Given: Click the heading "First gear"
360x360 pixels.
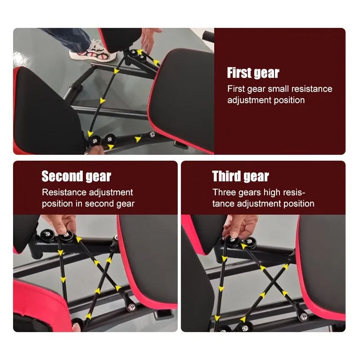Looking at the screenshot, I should (253, 73).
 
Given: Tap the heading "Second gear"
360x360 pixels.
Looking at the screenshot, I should (76, 176).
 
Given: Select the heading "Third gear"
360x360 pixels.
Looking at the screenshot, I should (240, 176).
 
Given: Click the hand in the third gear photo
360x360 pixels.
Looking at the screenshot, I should (239, 223).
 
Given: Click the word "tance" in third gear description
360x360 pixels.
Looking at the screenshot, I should (224, 204).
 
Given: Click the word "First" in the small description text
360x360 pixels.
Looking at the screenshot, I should (236, 89).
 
